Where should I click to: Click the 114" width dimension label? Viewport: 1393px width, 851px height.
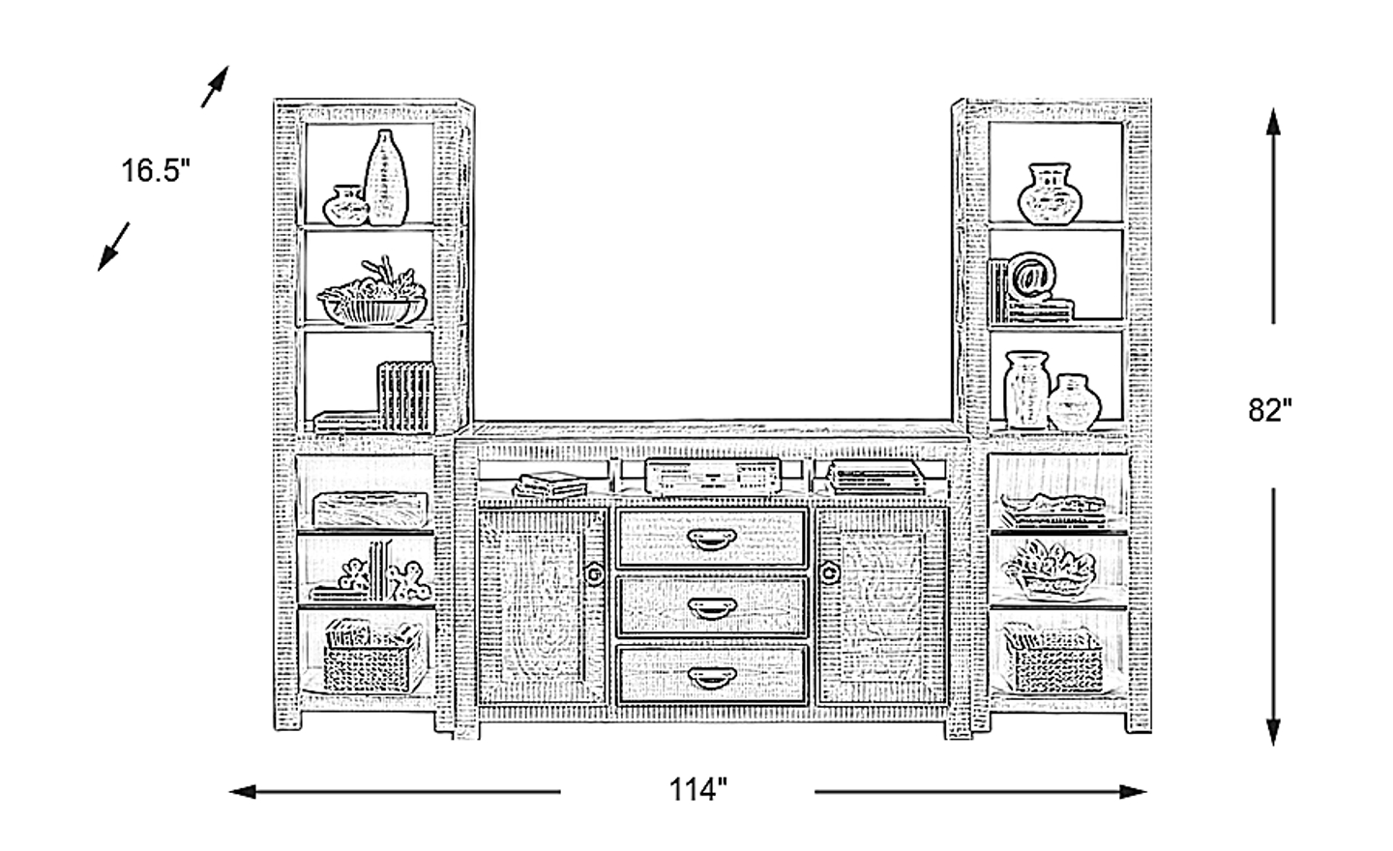[697, 791]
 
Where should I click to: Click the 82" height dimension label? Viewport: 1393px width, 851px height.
[1270, 411]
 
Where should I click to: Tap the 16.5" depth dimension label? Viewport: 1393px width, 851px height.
[155, 170]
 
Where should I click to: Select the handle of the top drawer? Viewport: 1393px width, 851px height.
[711, 539]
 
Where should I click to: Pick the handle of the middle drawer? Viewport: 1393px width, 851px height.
[711, 608]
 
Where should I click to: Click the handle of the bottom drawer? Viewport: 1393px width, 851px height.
[711, 678]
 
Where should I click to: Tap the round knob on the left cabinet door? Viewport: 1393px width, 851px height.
[595, 573]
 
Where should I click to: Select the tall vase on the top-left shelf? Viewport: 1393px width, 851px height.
[386, 177]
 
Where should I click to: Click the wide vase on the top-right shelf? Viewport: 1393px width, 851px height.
[1050, 193]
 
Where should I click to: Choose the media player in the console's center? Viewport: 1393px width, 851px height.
[713, 478]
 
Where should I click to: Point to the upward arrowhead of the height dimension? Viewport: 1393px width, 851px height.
[1273, 123]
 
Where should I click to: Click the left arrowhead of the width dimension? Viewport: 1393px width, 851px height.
[243, 791]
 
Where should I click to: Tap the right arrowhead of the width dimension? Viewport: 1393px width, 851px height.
[1133, 791]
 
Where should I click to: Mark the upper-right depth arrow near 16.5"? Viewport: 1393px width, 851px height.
[215, 86]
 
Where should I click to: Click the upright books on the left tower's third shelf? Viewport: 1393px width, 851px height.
[405, 396]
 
